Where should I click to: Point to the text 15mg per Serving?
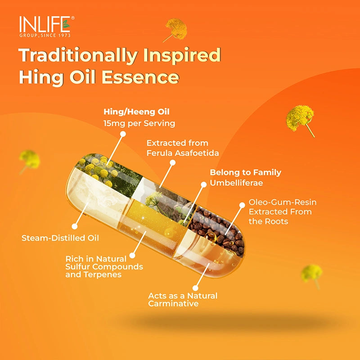pyautogui.click(x=139, y=123)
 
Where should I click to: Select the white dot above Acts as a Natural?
pyautogui.click(x=196, y=287)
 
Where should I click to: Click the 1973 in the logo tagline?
pyautogui.click(x=63, y=35)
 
